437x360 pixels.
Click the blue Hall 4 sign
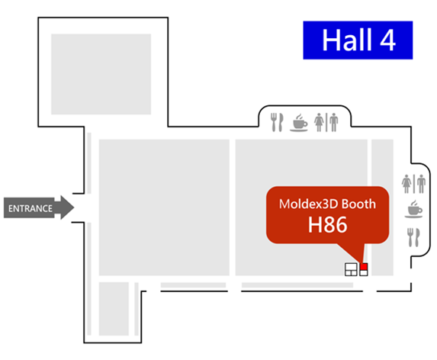click(x=358, y=40)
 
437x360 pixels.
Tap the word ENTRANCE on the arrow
click(x=31, y=208)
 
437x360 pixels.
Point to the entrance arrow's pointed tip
click(x=74, y=207)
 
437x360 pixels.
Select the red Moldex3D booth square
click(x=364, y=266)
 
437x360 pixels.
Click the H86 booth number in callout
click(x=327, y=225)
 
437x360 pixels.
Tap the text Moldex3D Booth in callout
click(x=327, y=204)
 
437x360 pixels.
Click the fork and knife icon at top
click(x=277, y=122)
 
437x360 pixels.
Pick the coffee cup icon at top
click(x=299, y=122)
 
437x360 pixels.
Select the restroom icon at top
click(x=326, y=122)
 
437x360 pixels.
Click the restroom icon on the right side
click(x=413, y=184)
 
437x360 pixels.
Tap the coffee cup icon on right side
click(x=414, y=209)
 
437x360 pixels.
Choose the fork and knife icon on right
click(x=413, y=237)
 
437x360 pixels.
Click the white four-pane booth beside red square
click(x=351, y=269)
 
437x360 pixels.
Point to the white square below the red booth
click(x=364, y=273)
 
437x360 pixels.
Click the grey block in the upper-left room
click(x=101, y=74)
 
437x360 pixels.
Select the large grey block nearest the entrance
click(x=164, y=207)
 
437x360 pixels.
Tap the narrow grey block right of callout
click(x=382, y=207)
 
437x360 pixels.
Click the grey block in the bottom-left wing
click(x=114, y=309)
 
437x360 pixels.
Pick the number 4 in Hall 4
click(x=387, y=40)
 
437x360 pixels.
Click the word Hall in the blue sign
click(x=347, y=40)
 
